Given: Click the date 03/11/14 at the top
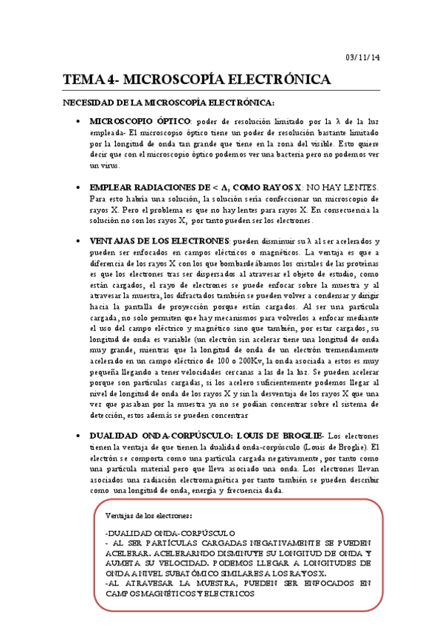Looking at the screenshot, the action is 363,58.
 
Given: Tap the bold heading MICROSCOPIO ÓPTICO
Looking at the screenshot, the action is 138,121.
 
